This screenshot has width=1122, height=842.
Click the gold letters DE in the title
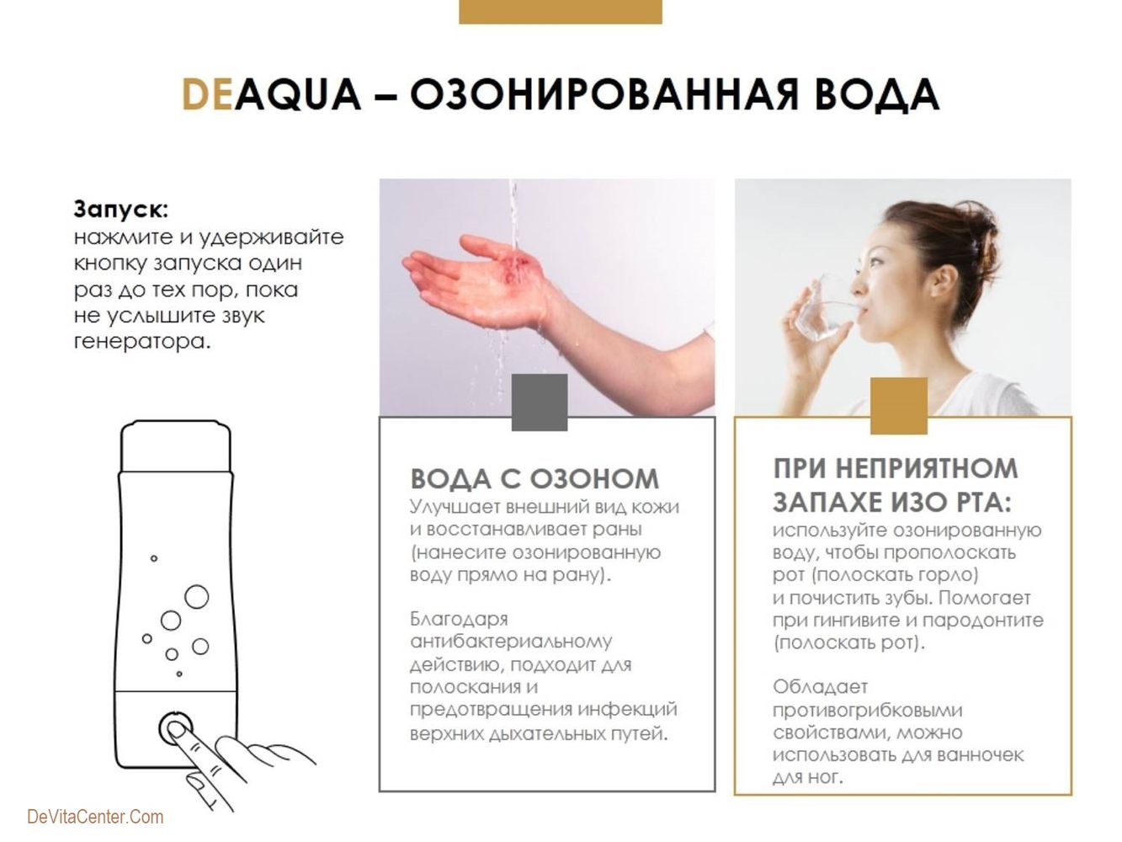click(208, 94)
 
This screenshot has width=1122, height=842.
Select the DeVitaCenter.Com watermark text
click(95, 817)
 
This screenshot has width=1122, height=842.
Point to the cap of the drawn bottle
click(176, 445)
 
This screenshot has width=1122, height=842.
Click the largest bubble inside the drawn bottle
click(196, 597)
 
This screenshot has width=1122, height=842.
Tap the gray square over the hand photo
click(540, 402)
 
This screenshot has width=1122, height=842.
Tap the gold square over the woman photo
click(899, 406)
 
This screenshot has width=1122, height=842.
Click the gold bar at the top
click(561, 12)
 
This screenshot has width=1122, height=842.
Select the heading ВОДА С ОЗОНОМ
click(534, 478)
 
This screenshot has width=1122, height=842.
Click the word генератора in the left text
click(142, 342)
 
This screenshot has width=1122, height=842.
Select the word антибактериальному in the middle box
click(511, 642)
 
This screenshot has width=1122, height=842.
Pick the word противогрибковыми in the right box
click(868, 710)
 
